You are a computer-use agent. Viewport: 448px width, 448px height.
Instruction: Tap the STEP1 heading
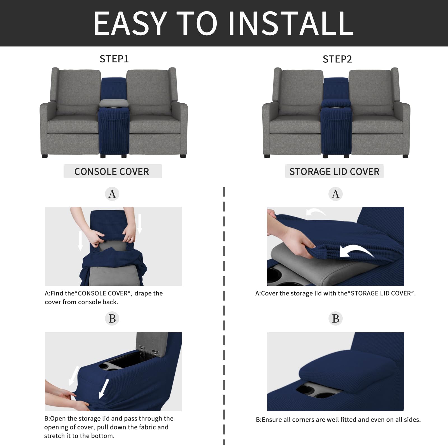(114, 59)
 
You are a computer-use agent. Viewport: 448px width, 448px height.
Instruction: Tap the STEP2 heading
(337, 59)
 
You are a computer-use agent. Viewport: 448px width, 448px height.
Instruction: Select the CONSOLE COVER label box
(112, 171)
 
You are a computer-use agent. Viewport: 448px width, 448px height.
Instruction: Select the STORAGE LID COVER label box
(334, 171)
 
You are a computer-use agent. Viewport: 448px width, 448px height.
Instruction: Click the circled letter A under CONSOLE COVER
(112, 194)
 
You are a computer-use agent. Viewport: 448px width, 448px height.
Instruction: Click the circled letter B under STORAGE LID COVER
(335, 318)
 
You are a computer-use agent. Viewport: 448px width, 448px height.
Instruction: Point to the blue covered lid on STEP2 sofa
(336, 103)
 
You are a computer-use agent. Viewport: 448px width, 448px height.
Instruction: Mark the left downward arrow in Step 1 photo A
(80, 241)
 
